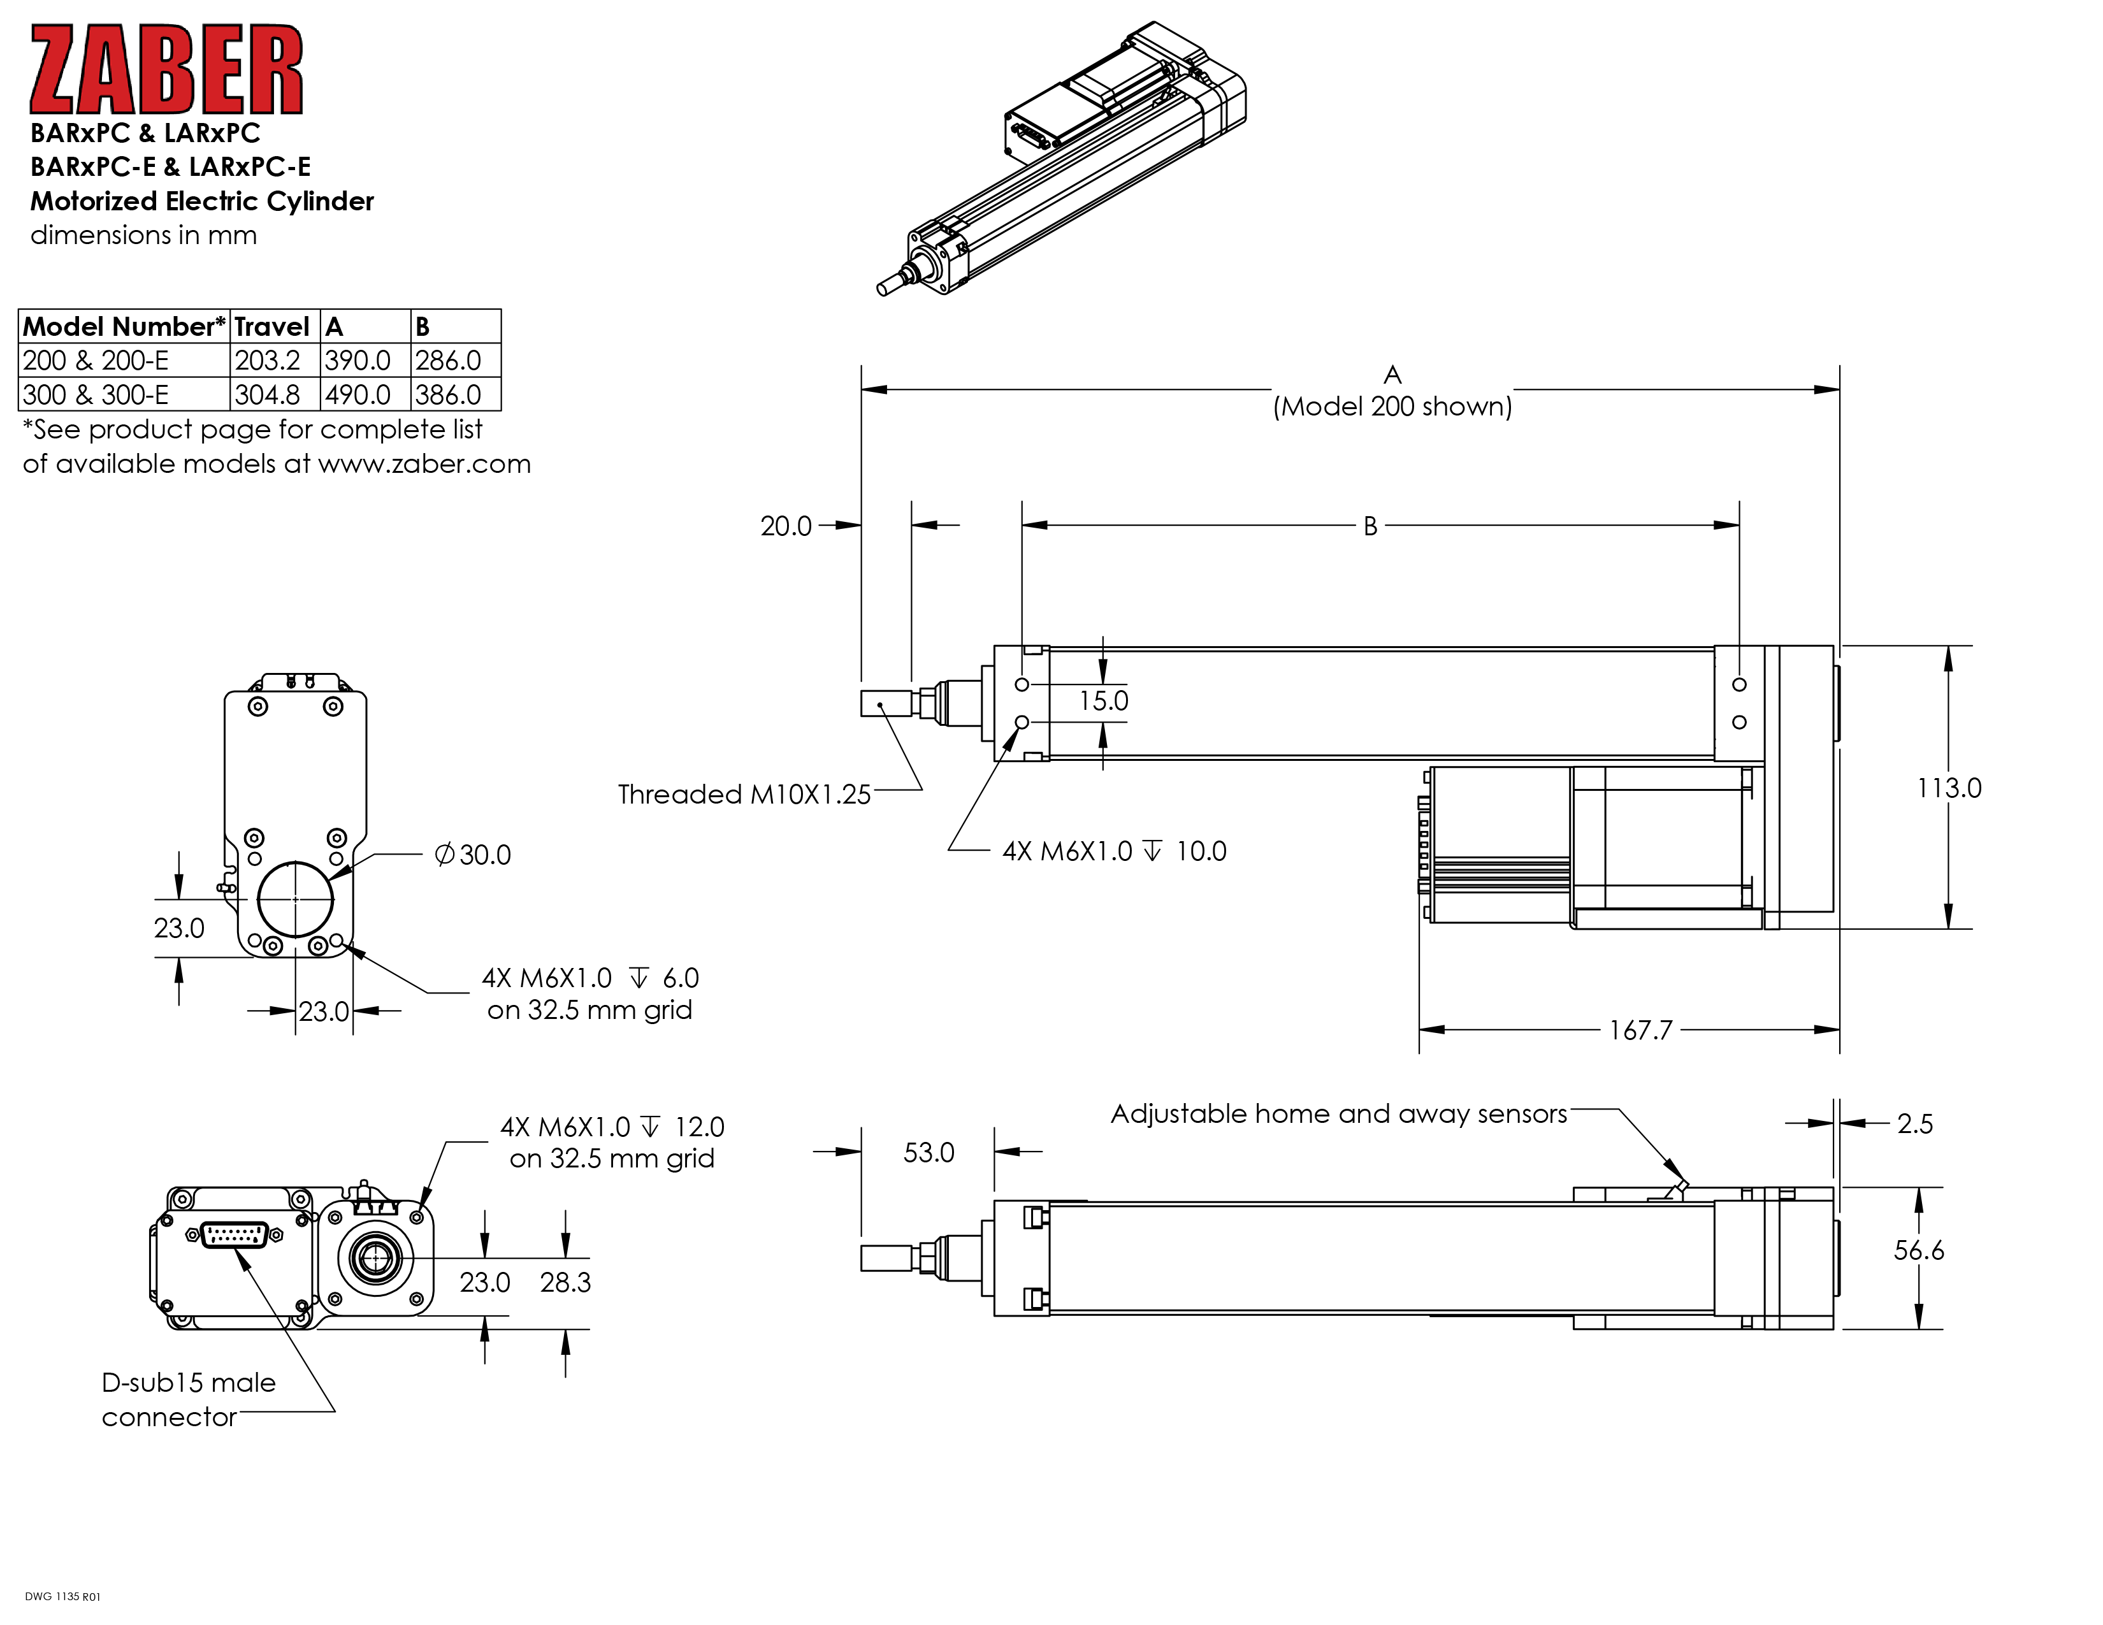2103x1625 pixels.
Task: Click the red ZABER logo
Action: pos(166,69)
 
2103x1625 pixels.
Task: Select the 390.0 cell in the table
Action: pos(358,361)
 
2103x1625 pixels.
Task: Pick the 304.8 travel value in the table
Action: pos(267,394)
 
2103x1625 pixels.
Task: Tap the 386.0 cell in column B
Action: pos(448,394)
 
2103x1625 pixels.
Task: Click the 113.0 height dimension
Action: pos(1948,788)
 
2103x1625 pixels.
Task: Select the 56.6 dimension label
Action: pos(1918,1250)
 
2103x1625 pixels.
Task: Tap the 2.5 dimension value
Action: pos(1914,1123)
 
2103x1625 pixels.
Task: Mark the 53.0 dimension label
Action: pos(929,1152)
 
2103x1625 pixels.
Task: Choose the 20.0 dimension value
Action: pos(786,526)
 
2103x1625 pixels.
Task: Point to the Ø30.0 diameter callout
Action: pos(473,855)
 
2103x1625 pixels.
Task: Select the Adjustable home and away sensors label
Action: pos(1338,1114)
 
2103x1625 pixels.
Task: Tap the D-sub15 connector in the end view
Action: pos(235,1235)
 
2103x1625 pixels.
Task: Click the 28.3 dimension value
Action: pos(565,1282)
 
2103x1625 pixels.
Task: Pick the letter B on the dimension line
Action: pos(1369,526)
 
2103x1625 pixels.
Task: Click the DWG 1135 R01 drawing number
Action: pos(62,1597)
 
